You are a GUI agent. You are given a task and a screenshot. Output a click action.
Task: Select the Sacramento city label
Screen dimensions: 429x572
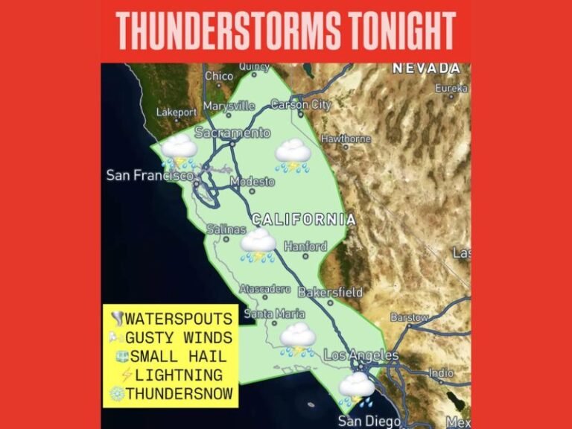click(x=232, y=133)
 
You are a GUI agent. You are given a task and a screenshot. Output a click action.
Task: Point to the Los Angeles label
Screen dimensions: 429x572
click(x=361, y=356)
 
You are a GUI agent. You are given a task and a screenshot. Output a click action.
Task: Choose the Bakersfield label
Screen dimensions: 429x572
click(x=330, y=293)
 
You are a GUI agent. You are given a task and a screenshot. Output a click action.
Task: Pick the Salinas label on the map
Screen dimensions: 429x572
click(x=226, y=230)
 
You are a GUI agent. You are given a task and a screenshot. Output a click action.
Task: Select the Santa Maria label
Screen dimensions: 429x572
click(x=275, y=314)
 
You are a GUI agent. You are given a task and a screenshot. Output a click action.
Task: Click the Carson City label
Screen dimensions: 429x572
click(x=300, y=105)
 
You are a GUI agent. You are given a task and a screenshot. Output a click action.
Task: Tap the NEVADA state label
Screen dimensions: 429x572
click(x=426, y=69)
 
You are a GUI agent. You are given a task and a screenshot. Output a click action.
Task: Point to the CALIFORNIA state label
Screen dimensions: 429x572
click(x=303, y=220)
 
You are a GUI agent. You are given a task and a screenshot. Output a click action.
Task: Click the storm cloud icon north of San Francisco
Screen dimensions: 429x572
click(x=180, y=149)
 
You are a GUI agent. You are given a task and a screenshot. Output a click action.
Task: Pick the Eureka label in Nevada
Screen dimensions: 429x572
click(x=451, y=88)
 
